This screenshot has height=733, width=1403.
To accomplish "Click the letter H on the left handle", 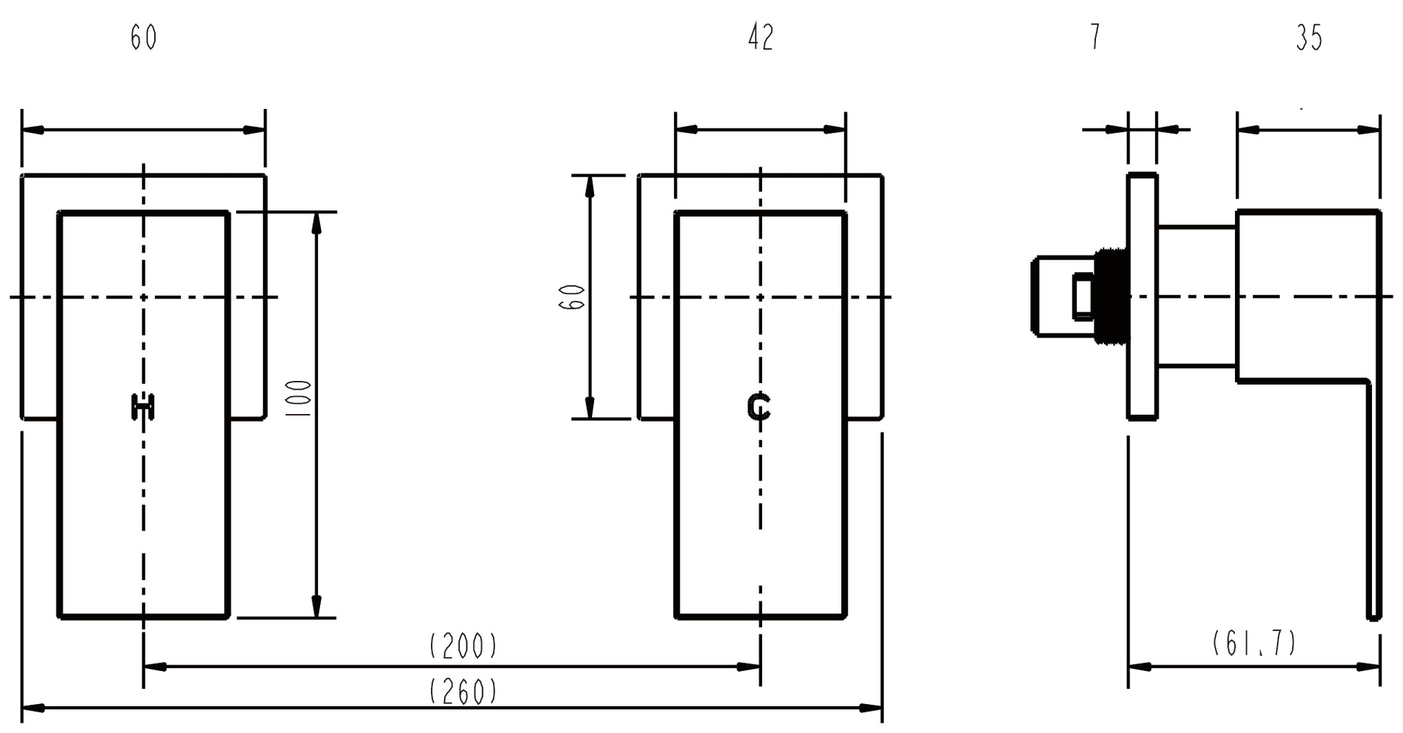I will coord(143,407).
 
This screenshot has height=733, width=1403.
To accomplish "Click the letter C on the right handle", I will coord(758,407).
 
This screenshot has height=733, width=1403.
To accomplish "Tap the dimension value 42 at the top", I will coord(761,38).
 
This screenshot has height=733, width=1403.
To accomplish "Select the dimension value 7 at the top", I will coord(1095,37).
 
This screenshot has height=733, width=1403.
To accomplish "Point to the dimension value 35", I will coord(1309,38).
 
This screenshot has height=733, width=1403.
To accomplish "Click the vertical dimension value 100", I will coord(298,398).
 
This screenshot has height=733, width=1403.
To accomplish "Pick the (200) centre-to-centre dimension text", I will coord(463,646).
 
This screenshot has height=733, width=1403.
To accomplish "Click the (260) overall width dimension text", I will coord(463,692).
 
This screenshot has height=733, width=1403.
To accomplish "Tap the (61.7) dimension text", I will coord(1254,643).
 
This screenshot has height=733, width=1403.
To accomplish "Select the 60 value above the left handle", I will coord(143,38).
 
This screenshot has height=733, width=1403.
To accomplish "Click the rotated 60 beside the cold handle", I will coord(572,297).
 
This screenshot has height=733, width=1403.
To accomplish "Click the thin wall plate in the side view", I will coord(1142,296).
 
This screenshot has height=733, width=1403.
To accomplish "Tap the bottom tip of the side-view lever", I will coord(1373,617).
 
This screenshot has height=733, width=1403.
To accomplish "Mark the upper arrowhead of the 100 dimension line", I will coord(316,223).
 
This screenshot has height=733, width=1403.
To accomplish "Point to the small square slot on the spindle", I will coord(1082,297).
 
